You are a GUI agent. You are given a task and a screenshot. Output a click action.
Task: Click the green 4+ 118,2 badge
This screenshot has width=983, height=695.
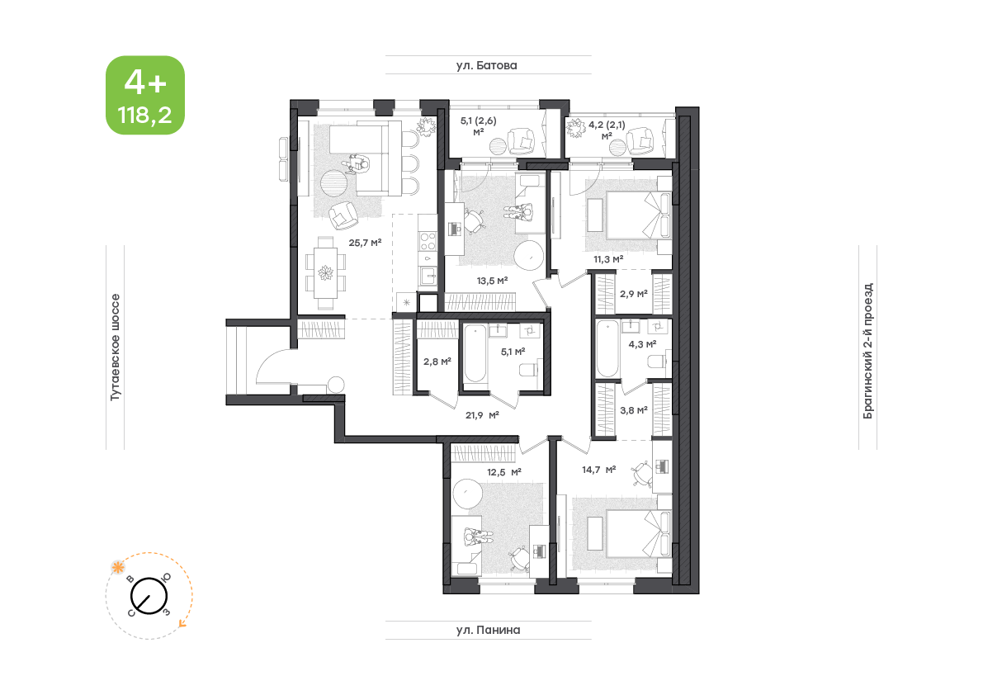pyautogui.click(x=144, y=95)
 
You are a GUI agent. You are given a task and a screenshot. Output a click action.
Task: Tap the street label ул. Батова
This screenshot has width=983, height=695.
pyautogui.click(x=486, y=65)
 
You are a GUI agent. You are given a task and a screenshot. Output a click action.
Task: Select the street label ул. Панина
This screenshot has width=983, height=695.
pyautogui.click(x=488, y=630)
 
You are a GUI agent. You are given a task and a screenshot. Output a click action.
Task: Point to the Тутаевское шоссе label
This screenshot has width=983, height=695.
pyautogui.click(x=115, y=347)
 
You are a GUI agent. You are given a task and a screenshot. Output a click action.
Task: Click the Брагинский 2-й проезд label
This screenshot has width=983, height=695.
pyautogui.click(x=867, y=351)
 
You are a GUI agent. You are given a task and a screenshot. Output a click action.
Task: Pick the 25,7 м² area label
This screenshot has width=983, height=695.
pyautogui.click(x=365, y=243)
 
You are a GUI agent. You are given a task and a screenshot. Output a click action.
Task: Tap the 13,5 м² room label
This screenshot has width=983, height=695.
pyautogui.click(x=492, y=281)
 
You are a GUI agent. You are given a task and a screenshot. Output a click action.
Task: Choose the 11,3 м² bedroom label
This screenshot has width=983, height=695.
pyautogui.click(x=608, y=259)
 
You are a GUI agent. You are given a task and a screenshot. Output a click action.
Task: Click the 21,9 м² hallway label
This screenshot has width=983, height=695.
pyautogui.click(x=482, y=415)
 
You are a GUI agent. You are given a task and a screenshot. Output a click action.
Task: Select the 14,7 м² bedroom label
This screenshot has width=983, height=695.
pyautogui.click(x=598, y=470)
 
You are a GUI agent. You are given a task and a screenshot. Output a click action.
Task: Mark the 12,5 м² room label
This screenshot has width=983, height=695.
pyautogui.click(x=504, y=472)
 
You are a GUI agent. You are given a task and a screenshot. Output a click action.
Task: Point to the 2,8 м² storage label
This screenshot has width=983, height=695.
pyautogui.click(x=437, y=362)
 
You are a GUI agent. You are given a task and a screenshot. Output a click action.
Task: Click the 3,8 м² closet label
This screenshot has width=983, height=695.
pyautogui.click(x=633, y=410)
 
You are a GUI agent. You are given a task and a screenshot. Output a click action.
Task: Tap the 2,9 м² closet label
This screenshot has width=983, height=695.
pyautogui.click(x=633, y=293)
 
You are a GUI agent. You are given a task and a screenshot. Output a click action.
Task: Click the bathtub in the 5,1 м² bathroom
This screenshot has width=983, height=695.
pyautogui.click(x=475, y=352)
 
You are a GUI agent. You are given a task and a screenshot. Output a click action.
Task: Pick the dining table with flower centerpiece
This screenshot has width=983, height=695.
pyautogui.click(x=325, y=273)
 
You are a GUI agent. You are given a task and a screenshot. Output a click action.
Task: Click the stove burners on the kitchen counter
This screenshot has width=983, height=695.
pyautogui.click(x=428, y=241)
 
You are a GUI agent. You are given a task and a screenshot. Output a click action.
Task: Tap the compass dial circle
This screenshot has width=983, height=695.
pyautogui.click(x=149, y=595)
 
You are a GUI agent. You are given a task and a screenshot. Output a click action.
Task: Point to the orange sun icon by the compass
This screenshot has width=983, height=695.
pyautogui.click(x=117, y=568)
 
